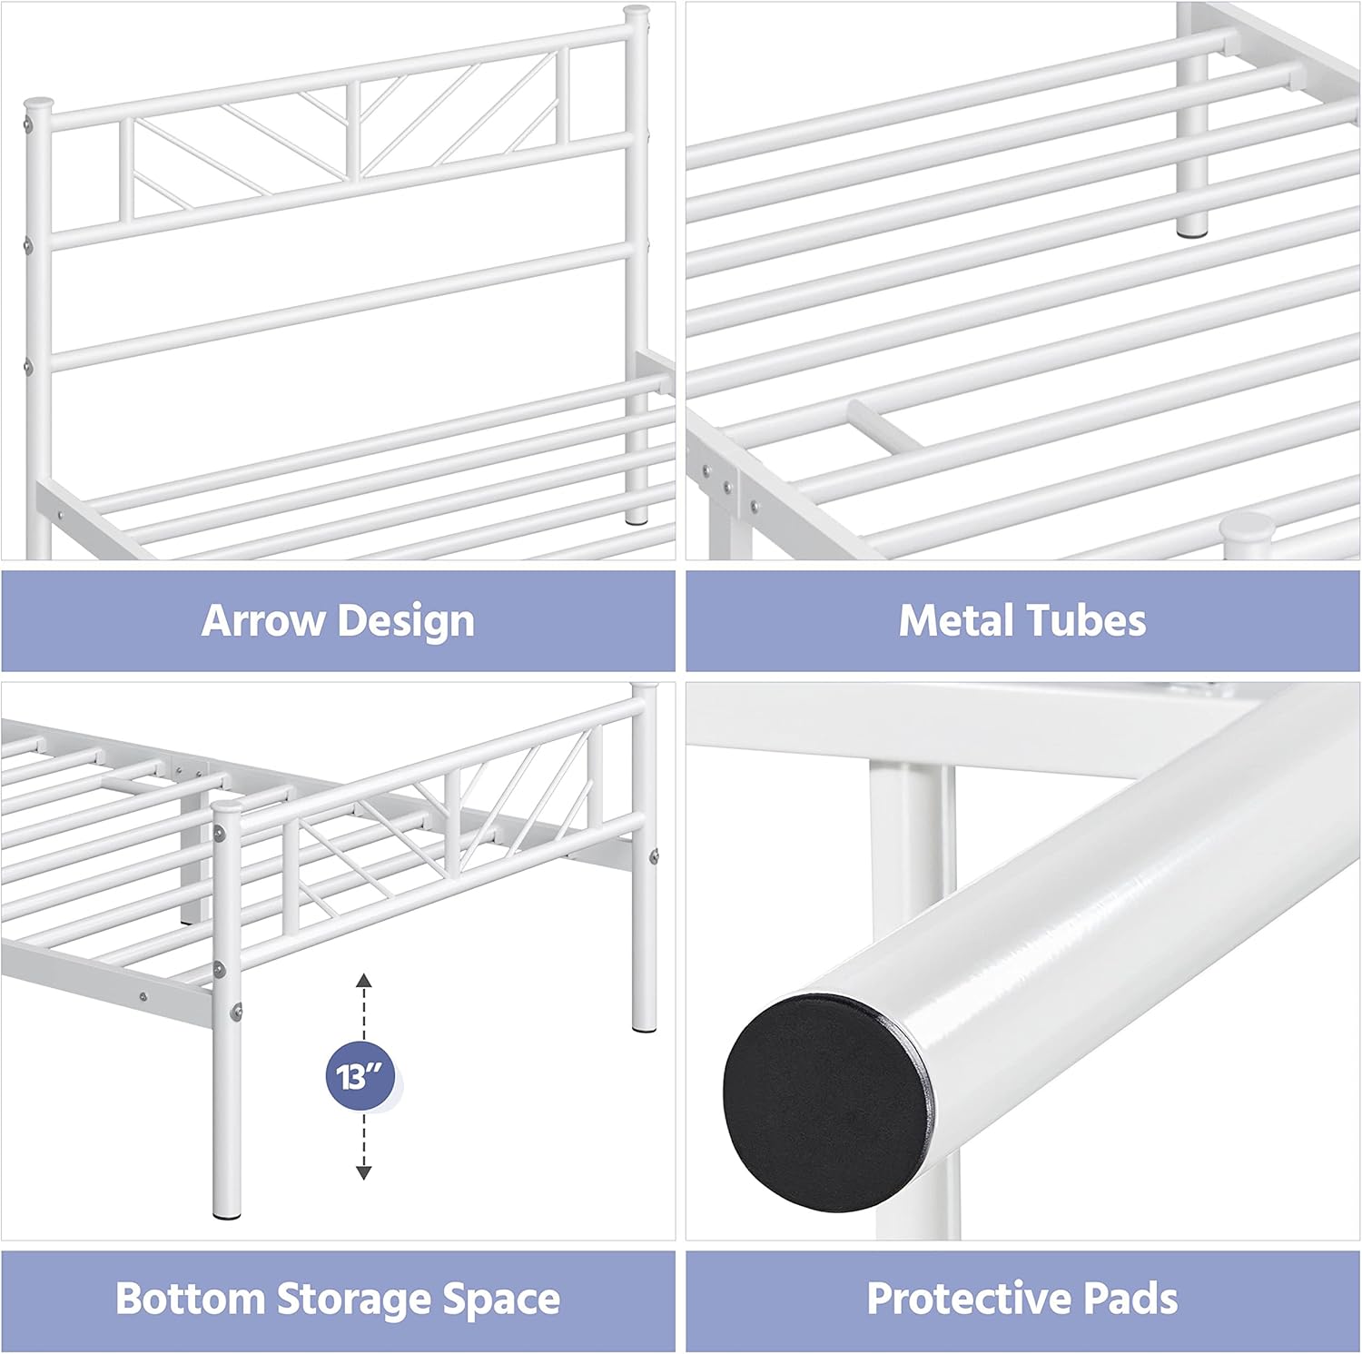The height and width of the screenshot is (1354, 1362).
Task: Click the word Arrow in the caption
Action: pyautogui.click(x=263, y=621)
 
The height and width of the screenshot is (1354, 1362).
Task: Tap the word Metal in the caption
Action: pyautogui.click(x=956, y=621)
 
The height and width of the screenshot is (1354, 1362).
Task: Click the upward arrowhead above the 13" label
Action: pyautogui.click(x=363, y=980)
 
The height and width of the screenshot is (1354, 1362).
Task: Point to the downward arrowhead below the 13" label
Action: pyautogui.click(x=363, y=1172)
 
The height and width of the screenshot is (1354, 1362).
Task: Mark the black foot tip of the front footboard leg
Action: pyautogui.click(x=227, y=1213)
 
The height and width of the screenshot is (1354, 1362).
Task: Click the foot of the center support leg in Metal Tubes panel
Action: pyautogui.click(x=1193, y=231)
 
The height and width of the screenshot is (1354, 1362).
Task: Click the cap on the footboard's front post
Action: pyautogui.click(x=226, y=806)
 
